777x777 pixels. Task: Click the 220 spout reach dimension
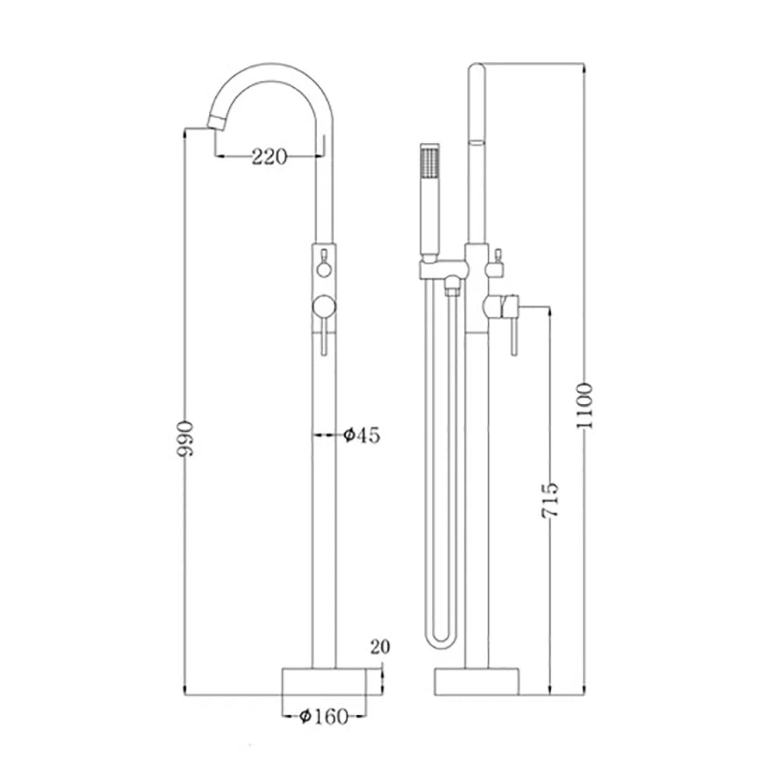269,157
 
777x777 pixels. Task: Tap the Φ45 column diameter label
361,435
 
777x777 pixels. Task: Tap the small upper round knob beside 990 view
323,270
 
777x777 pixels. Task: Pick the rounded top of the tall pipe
477,71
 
